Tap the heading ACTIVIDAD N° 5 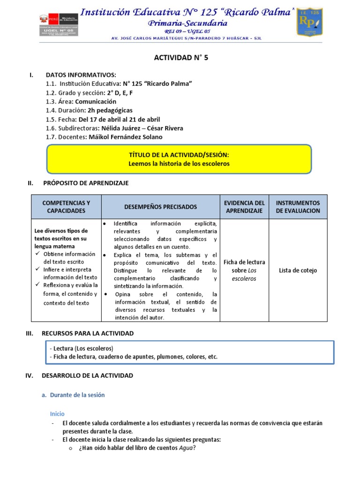(x=181, y=58)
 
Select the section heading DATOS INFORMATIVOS (x=81, y=75)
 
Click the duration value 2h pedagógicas (x=107, y=111)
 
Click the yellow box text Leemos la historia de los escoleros (x=179, y=164)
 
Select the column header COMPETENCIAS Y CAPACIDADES (x=66, y=207)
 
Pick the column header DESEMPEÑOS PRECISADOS (x=161, y=207)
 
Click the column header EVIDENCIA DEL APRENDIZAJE (x=244, y=207)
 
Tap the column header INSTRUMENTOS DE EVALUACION (x=298, y=207)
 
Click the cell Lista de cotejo (x=298, y=270)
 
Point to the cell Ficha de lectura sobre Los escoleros (x=244, y=270)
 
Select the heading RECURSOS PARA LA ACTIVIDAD (x=88, y=333)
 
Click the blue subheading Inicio (x=57, y=414)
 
